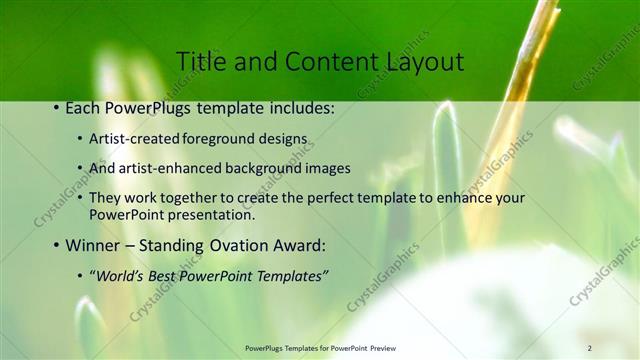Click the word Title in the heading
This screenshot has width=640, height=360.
pos(199,62)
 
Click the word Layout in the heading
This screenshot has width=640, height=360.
pos(420,62)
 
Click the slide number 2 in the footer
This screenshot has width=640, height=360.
pos(589,347)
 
